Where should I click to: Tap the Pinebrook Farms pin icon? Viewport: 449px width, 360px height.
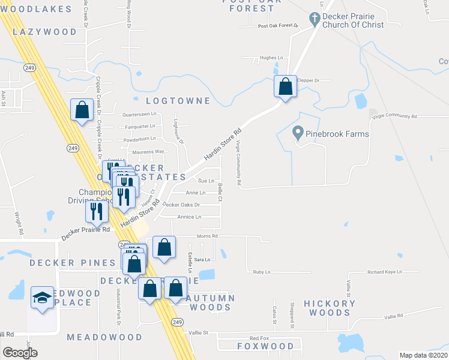tap(297, 133)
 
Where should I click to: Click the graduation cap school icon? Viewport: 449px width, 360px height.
tap(42, 299)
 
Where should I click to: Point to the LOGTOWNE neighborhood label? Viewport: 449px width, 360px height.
tap(179, 101)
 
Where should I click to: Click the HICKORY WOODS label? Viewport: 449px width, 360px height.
tap(330, 308)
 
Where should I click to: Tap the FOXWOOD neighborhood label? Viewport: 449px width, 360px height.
tap(265, 346)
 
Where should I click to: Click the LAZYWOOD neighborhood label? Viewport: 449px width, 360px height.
tap(44, 32)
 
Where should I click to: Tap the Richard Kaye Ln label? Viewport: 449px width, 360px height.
tap(384, 272)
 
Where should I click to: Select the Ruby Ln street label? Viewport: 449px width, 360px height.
tap(262, 272)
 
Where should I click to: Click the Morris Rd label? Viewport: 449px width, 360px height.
tap(206, 236)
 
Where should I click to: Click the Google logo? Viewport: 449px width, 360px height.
tap(20, 353)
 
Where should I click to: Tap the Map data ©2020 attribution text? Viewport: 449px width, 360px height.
tap(423, 355)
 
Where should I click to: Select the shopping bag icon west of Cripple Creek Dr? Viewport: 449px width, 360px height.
tap(82, 110)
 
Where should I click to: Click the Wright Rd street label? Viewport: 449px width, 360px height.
tap(20, 222)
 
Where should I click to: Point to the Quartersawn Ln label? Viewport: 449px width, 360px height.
tap(139, 113)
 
